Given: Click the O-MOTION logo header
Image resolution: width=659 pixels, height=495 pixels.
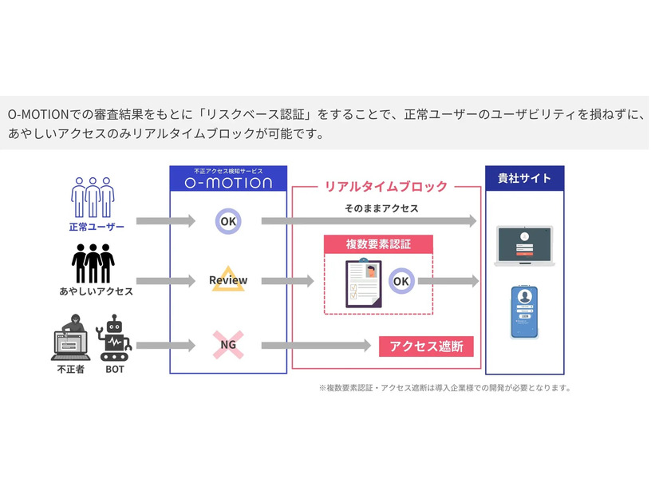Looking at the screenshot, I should click(228, 178).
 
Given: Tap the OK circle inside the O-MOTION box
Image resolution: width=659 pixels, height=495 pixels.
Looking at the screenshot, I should click(228, 221).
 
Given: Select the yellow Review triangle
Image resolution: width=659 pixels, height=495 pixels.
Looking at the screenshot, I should click(228, 279).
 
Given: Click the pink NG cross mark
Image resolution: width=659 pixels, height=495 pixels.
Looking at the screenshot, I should click(228, 346).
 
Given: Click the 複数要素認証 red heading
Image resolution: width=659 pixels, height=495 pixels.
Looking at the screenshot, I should click(378, 244).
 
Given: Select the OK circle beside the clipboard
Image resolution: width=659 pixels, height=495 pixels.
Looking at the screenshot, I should click(401, 282).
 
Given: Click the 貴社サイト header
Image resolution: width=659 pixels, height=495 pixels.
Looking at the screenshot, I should click(525, 177).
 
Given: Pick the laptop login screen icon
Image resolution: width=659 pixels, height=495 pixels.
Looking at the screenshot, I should click(524, 246).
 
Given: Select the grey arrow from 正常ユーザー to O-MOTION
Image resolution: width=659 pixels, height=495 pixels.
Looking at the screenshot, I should click(165, 221).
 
